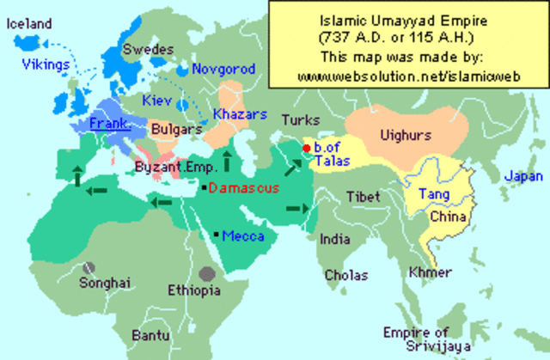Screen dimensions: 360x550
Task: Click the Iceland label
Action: pyautogui.click(x=28, y=24)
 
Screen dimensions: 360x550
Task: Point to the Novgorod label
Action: pyautogui.click(x=221, y=68)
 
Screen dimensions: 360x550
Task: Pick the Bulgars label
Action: pyautogui.click(x=175, y=130)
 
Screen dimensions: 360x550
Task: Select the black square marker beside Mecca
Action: pyautogui.click(x=214, y=235)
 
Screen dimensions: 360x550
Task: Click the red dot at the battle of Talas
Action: pyautogui.click(x=305, y=149)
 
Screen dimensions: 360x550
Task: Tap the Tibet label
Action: pyautogui.click(x=364, y=197)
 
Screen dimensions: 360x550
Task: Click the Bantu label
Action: pyautogui.click(x=151, y=334)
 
